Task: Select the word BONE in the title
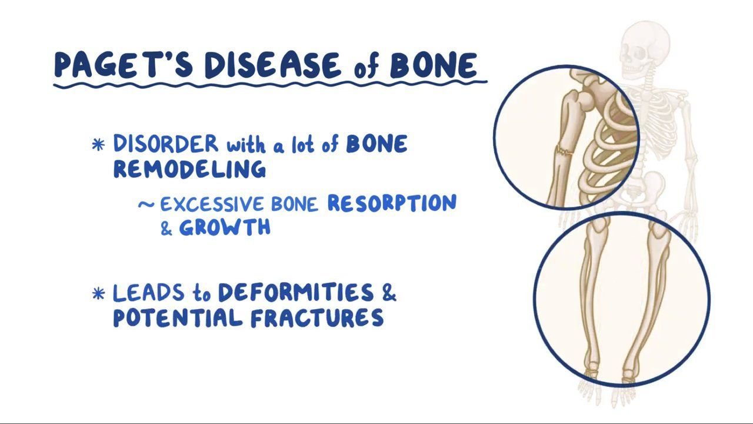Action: pyautogui.click(x=433, y=65)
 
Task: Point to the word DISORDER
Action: pyautogui.click(x=165, y=144)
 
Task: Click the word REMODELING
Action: pyautogui.click(x=189, y=169)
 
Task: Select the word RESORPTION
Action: pyautogui.click(x=391, y=203)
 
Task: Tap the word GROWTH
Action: pyautogui.click(x=224, y=228)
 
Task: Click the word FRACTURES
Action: pyautogui.click(x=317, y=318)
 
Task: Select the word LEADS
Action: pyautogui.click(x=146, y=293)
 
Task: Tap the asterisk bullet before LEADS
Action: pyautogui.click(x=99, y=293)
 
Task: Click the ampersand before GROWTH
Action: pyautogui.click(x=166, y=229)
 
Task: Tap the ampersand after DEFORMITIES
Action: pyautogui.click(x=389, y=293)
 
